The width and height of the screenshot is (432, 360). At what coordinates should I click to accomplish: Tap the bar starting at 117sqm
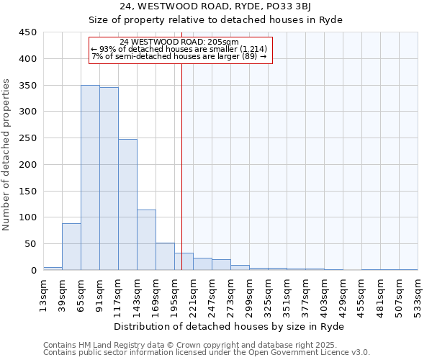click(x=127, y=204)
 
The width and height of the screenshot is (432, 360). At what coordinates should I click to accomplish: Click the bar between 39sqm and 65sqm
click(x=71, y=247)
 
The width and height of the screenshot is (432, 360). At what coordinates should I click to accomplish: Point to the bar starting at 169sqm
click(x=165, y=256)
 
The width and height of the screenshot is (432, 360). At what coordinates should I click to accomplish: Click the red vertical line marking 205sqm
click(x=181, y=166)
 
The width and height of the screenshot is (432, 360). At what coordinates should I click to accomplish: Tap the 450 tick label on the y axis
click(x=28, y=32)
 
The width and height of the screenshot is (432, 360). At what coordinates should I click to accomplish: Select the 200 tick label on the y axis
click(x=28, y=164)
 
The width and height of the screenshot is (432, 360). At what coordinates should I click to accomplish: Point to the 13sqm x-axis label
click(x=43, y=293)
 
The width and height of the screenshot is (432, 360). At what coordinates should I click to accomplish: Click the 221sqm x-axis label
click(x=193, y=293)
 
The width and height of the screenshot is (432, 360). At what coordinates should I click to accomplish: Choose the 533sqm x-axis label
click(x=418, y=293)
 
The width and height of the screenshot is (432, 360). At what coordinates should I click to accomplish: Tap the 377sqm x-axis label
click(x=305, y=293)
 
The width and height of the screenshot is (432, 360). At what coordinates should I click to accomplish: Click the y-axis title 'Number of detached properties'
click(x=7, y=151)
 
